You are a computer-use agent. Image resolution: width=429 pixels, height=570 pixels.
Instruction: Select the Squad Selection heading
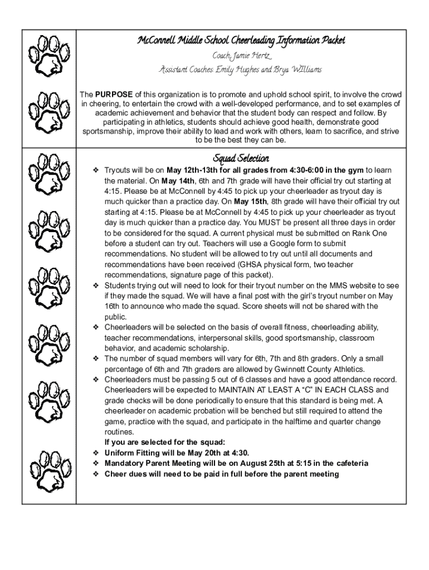point(241,159)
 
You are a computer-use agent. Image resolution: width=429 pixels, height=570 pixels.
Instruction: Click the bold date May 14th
point(178,181)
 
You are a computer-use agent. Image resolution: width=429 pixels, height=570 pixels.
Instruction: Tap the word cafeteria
point(348,463)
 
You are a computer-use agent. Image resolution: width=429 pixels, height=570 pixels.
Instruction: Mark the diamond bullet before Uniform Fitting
point(96,453)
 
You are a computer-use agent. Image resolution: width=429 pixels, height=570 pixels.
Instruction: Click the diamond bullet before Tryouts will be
point(96,170)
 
